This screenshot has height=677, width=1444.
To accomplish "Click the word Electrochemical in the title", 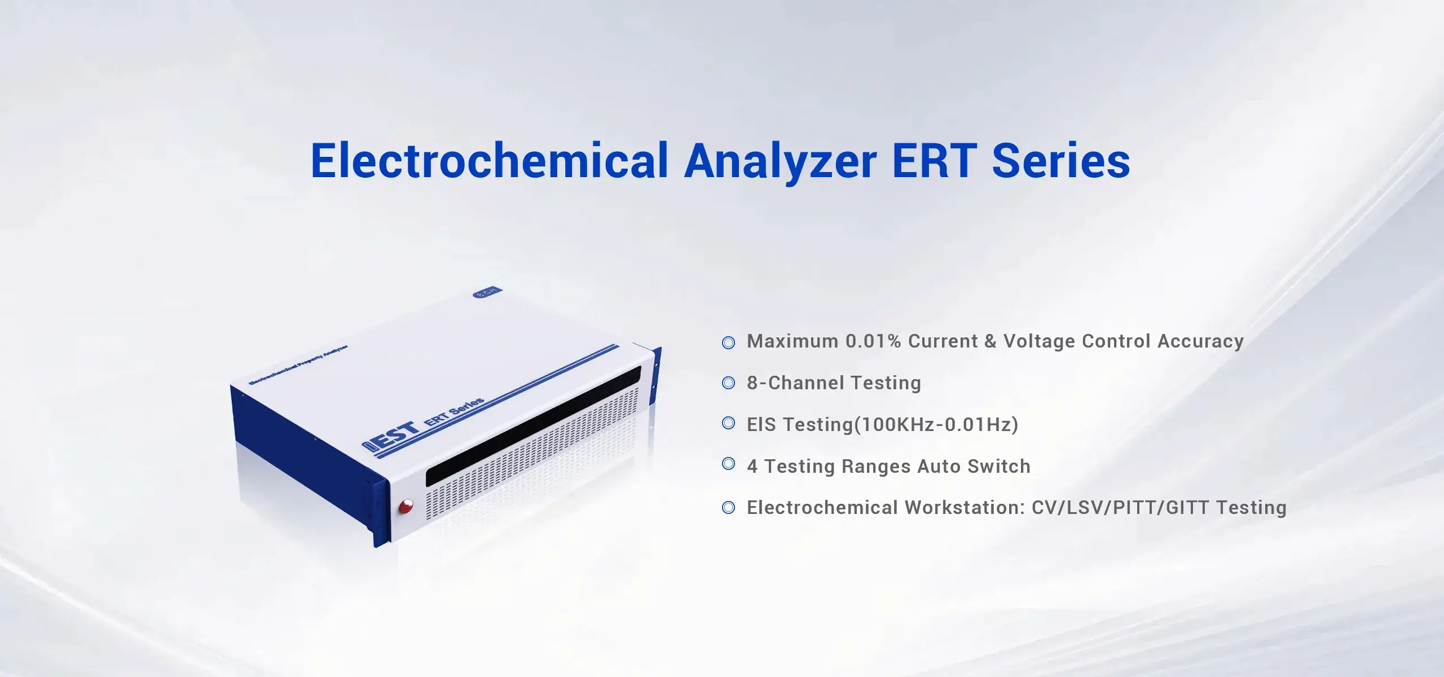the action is click(x=490, y=161).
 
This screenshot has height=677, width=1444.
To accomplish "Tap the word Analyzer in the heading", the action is click(x=781, y=163).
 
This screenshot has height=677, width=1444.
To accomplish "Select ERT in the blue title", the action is click(x=934, y=161).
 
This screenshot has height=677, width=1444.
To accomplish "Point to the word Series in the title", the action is click(x=1061, y=161).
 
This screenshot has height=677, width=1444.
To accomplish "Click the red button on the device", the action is click(x=406, y=506).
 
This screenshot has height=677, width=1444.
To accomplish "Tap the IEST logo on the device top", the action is click(x=391, y=438).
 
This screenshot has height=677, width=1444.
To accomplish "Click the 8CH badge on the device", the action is click(x=486, y=292).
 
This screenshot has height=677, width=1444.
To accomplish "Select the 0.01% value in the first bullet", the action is click(x=873, y=341).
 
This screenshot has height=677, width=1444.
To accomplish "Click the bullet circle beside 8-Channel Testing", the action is click(x=729, y=383).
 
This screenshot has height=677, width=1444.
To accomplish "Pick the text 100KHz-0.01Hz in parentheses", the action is click(x=937, y=424).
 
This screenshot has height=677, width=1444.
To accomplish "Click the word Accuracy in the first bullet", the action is click(x=1201, y=341).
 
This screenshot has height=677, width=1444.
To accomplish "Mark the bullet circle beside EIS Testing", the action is click(x=729, y=423).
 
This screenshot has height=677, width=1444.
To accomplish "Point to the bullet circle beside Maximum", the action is click(x=729, y=342).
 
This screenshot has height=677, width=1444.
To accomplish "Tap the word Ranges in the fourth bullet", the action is click(x=876, y=467).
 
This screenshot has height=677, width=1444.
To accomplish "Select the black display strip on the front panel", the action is click(x=534, y=426).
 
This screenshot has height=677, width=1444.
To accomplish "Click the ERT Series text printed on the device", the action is click(x=454, y=411).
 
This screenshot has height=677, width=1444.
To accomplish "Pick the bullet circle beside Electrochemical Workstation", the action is click(x=729, y=508).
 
